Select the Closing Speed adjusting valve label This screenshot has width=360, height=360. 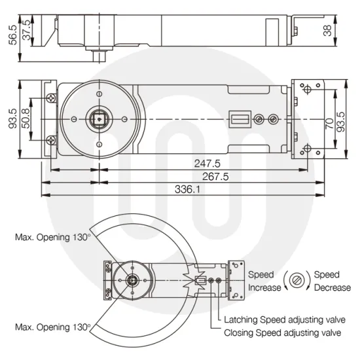(x=282, y=333)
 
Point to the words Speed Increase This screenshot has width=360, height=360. (x=263, y=281)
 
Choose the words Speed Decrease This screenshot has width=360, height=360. (x=332, y=281)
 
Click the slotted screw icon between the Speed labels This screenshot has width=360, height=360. (x=298, y=281)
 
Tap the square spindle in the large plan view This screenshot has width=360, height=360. (x=99, y=120)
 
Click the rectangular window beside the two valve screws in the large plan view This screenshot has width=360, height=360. (x=238, y=120)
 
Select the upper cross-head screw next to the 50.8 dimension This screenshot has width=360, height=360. (x=51, y=98)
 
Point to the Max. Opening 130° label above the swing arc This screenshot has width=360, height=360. (x=52, y=237)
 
